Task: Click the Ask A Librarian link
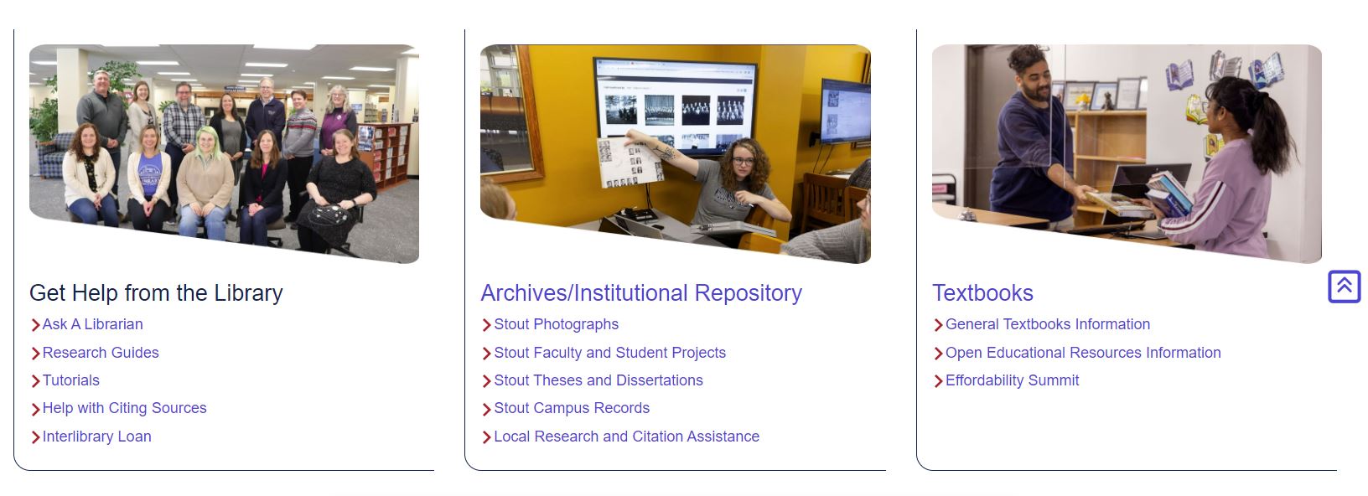tap(92, 324)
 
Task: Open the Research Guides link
tap(100, 353)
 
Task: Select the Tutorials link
tap(71, 380)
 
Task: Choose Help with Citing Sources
tap(125, 407)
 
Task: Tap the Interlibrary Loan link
tap(96, 437)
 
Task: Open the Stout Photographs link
tap(556, 324)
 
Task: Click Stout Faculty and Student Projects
tap(609, 353)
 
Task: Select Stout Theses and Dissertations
tap(598, 380)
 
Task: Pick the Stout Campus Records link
tap(572, 407)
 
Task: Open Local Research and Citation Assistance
tap(627, 437)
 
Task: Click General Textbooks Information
tap(1048, 324)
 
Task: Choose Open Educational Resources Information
tap(1083, 353)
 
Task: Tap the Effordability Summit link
tap(1012, 380)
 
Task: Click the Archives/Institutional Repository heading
tap(641, 293)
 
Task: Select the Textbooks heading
tap(982, 293)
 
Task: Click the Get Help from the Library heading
tap(156, 293)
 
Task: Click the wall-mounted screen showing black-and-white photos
tap(675, 104)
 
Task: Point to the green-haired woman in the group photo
tap(206, 183)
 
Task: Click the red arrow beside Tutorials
tap(35, 381)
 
